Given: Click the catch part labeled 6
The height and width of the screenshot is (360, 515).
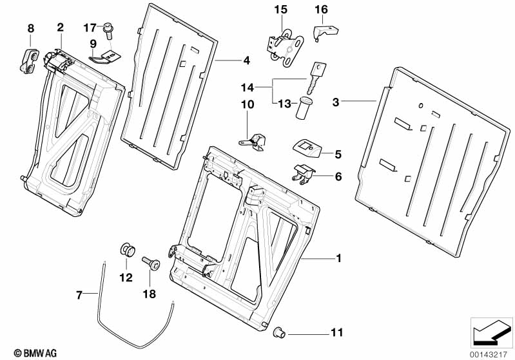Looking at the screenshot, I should [x=304, y=173].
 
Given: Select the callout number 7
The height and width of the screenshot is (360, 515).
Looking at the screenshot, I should [x=79, y=296].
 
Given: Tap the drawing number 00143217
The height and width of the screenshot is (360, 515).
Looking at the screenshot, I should [x=490, y=352].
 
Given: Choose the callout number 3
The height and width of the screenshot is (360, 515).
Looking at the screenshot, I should [x=335, y=102].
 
